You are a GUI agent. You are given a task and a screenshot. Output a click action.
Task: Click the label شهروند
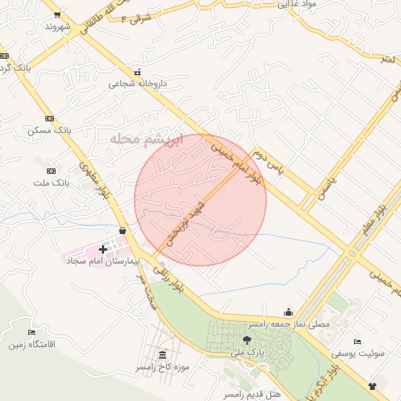coord(58,27)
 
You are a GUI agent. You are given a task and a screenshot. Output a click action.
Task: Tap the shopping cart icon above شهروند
coord(56,14)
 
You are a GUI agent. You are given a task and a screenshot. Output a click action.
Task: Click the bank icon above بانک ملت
coord(52,171)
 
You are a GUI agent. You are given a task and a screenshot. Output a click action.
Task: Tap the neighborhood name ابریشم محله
coord(146,139)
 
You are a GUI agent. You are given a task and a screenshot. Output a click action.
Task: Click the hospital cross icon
coord(103,249)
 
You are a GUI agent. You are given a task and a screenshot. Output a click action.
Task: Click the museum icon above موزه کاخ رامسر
coord(162,356)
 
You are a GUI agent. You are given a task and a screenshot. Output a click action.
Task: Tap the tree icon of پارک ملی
coord(247,340)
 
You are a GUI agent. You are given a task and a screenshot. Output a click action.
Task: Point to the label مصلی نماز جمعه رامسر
coord(288,323)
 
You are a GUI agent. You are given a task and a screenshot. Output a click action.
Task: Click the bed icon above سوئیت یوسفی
coord(357,342)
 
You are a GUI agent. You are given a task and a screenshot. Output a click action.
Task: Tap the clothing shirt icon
coord(371,386)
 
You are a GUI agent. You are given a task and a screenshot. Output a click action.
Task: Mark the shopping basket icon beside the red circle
coord(123,230)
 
